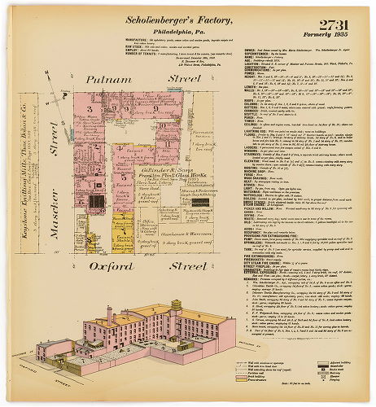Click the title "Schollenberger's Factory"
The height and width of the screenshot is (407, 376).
point(187,18)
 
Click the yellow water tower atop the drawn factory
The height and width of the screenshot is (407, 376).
point(175,309)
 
